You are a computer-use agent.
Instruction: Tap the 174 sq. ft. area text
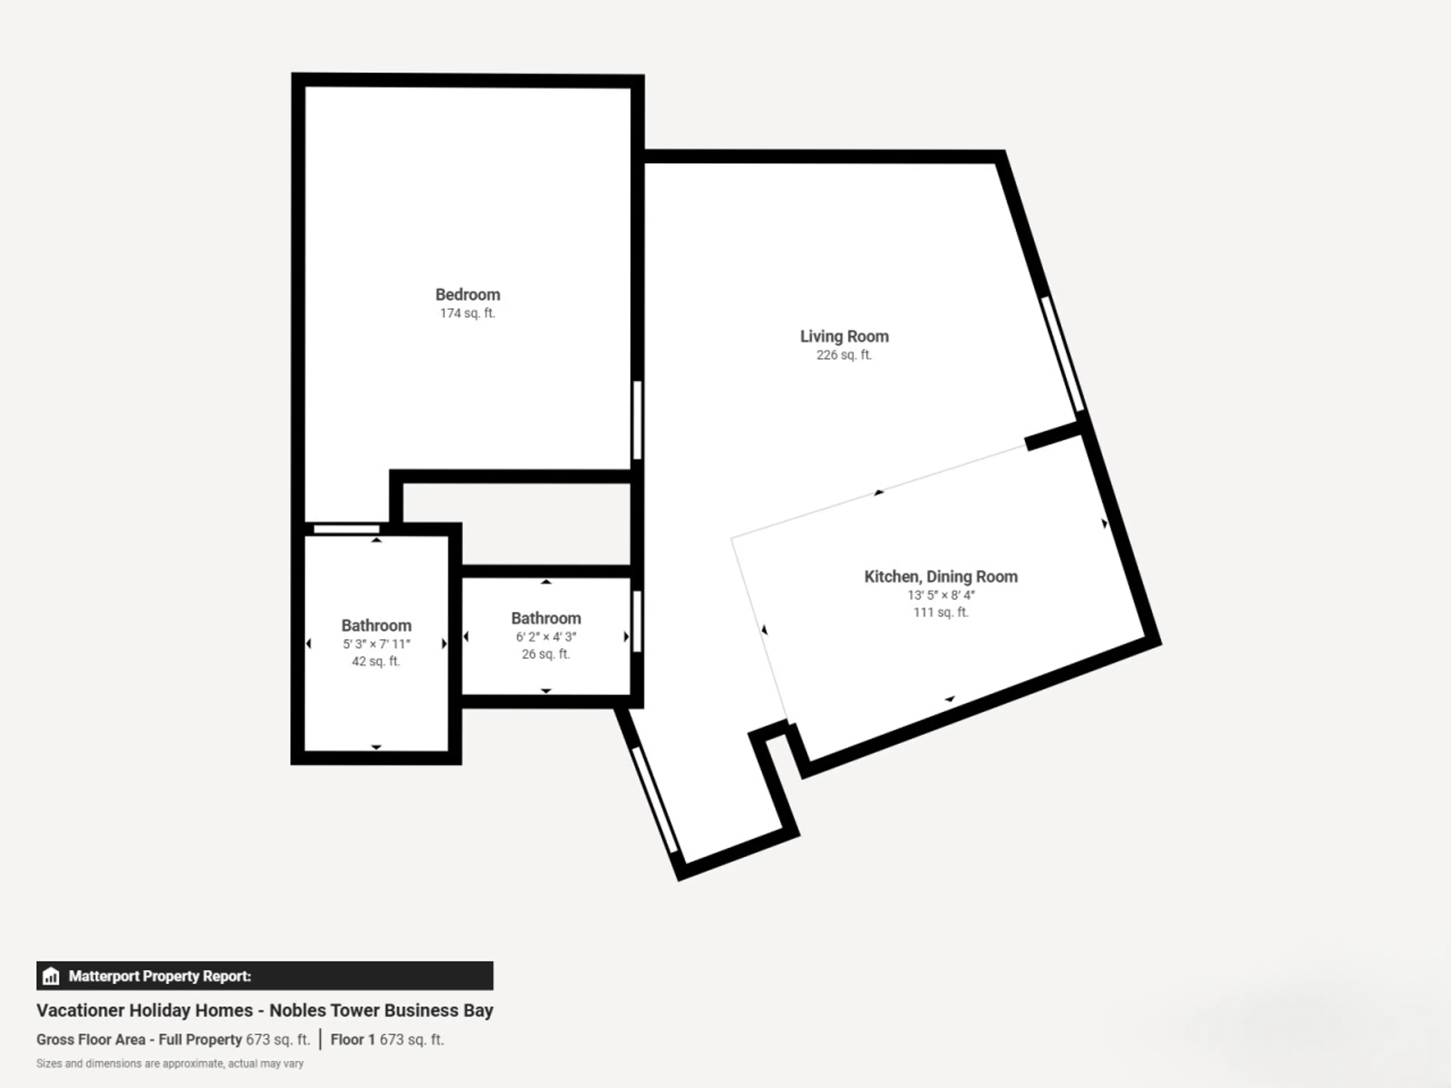point(468,314)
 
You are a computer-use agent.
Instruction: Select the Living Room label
point(844,337)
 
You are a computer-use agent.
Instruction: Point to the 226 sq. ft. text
point(844,355)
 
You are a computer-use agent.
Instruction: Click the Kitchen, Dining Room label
point(941,577)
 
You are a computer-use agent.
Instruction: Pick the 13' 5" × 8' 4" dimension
point(941,595)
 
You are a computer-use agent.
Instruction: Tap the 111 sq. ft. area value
point(941,612)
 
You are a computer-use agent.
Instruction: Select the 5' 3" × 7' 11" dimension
point(376,644)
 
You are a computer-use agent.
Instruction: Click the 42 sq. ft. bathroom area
point(376,662)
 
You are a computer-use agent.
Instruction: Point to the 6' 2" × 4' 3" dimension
point(546,637)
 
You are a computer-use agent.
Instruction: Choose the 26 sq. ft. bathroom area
point(546,655)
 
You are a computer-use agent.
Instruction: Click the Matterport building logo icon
point(51,977)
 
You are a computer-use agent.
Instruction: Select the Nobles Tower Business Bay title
point(381,1011)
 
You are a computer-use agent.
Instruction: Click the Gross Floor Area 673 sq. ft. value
point(277,1040)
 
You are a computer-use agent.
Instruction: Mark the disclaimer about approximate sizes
point(170,1064)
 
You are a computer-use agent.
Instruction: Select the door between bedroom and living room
point(637,420)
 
